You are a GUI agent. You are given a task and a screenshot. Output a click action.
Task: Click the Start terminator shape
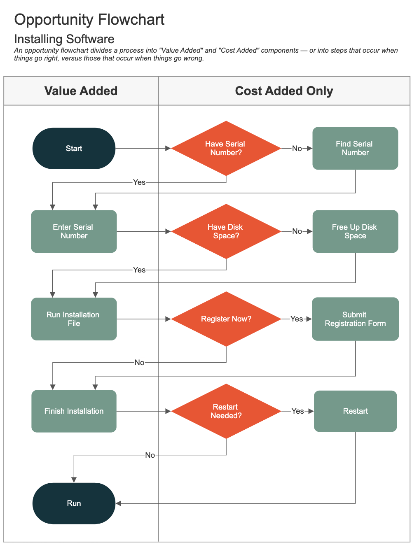tap(74, 148)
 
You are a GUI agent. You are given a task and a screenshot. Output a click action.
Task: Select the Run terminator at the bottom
tap(74, 503)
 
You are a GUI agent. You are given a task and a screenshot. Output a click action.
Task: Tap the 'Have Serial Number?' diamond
tap(226, 148)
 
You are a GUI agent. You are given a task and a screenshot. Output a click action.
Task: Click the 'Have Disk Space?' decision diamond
tap(226, 231)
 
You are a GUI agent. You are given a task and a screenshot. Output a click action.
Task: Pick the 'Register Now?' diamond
tap(226, 319)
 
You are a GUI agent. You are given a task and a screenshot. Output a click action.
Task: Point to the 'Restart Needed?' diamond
tap(226, 411)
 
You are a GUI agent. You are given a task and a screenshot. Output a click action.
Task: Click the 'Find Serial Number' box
tap(355, 148)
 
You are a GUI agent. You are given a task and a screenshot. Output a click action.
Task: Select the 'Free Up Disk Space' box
tap(355, 231)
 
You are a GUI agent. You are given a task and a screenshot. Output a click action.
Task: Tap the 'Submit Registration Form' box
tap(355, 319)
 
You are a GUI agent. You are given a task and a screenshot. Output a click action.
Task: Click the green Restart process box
tap(355, 411)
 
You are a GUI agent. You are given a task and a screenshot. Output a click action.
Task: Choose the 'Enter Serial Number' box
tap(74, 231)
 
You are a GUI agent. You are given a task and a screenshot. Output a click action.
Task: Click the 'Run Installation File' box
tap(74, 319)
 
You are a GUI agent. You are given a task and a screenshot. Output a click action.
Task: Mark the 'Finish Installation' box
tap(74, 411)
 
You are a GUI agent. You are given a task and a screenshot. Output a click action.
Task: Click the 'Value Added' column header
tap(81, 91)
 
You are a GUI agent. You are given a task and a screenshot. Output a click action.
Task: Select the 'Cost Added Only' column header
tap(284, 91)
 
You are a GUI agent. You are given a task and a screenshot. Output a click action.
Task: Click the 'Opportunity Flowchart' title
tap(89, 20)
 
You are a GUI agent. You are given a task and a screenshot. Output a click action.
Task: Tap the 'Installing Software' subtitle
tap(64, 39)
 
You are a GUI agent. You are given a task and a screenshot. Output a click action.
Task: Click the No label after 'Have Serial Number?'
tap(297, 149)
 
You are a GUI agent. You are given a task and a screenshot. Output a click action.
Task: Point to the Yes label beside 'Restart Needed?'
tap(297, 411)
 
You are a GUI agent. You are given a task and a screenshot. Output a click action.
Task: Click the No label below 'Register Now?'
tap(139, 363)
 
